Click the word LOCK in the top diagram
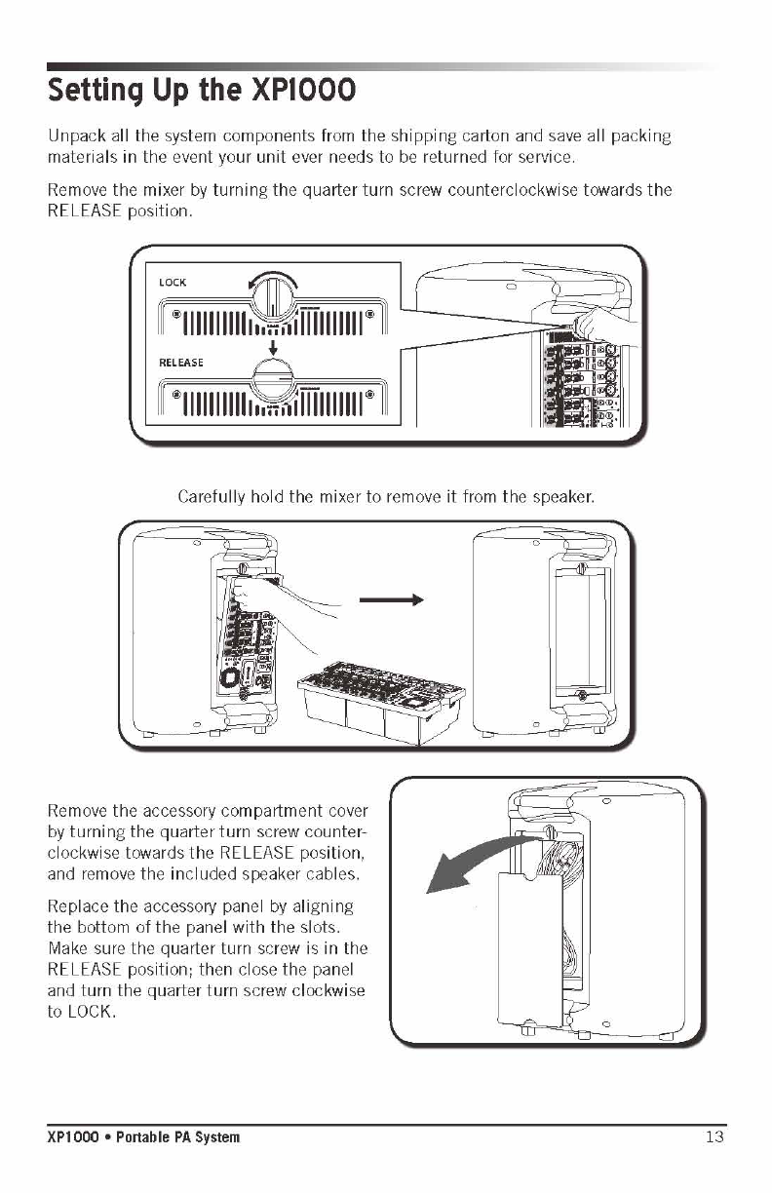(173, 283)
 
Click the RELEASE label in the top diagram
(181, 363)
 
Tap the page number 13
(715, 1136)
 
